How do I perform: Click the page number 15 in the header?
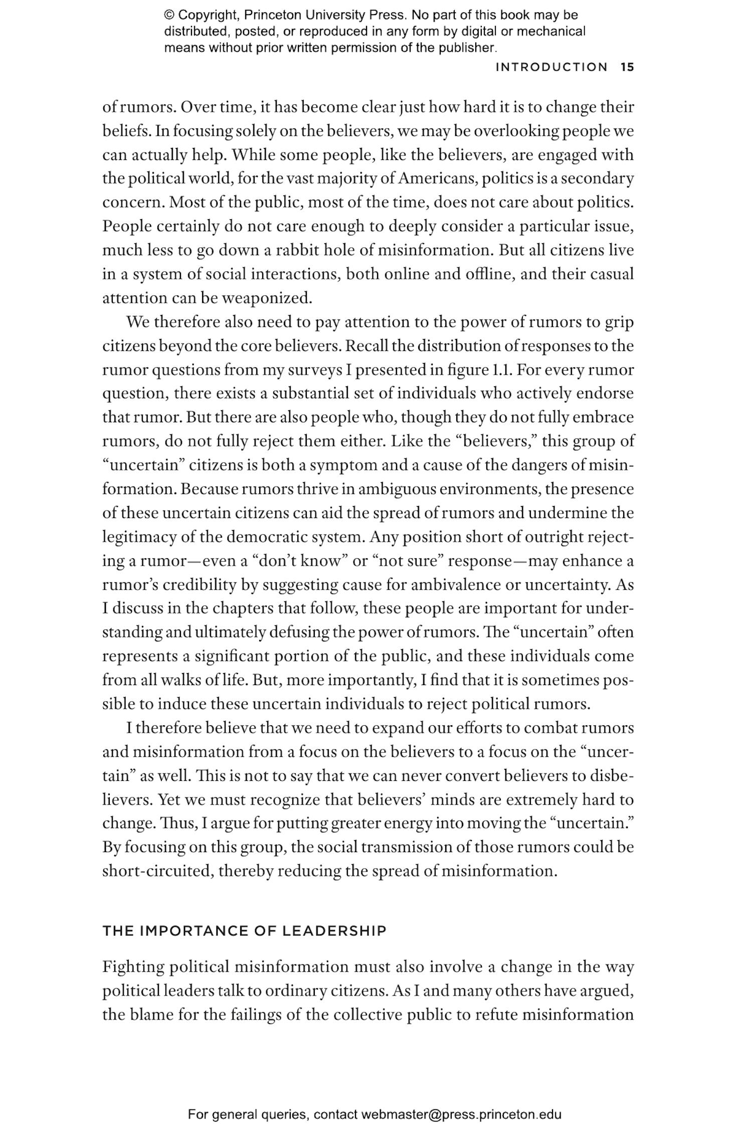pos(627,67)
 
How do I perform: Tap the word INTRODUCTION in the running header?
pos(551,67)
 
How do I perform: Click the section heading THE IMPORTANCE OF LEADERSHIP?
pos(245,931)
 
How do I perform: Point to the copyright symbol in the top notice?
pos(169,15)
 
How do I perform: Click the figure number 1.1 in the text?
pos(500,370)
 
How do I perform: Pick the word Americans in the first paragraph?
pos(439,179)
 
